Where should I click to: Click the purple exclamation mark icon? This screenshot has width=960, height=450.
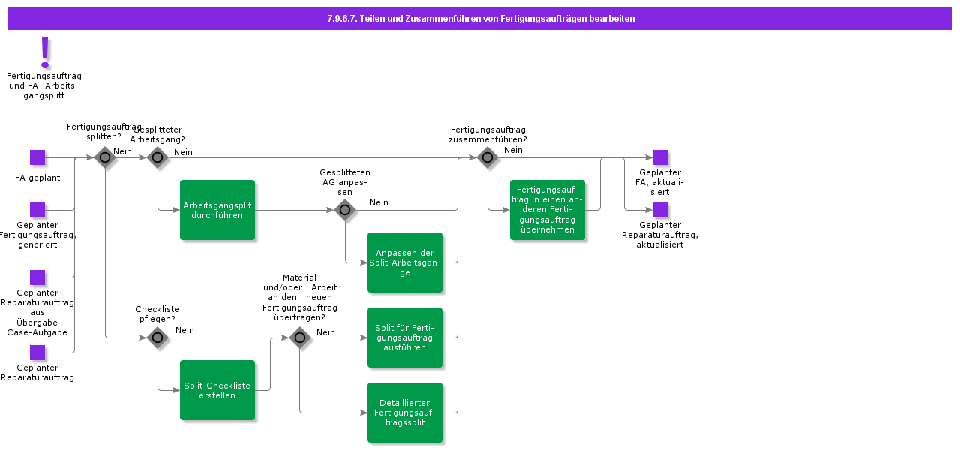click(45, 52)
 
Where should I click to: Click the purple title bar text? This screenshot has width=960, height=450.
click(481, 19)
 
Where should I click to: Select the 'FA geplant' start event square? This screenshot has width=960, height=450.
click(37, 157)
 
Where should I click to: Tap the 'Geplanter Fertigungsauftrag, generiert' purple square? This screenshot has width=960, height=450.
click(37, 210)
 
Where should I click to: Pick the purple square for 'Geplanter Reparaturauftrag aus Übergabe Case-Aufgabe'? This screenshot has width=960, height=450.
click(37, 277)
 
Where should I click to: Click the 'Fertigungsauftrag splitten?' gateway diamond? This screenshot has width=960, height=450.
click(105, 157)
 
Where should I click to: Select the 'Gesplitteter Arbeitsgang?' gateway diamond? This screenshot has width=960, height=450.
click(157, 157)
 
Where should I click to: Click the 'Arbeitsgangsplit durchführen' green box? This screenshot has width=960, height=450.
click(217, 210)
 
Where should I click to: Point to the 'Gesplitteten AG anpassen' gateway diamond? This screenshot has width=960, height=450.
click(345, 210)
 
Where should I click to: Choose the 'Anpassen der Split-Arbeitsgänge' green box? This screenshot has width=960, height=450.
click(405, 262)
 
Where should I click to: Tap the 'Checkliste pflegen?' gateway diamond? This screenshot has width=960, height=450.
click(157, 337)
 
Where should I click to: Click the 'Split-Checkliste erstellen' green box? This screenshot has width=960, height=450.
click(217, 390)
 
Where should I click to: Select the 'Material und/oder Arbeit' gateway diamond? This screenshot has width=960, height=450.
click(300, 337)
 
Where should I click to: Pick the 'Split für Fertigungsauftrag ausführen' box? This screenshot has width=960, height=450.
click(405, 337)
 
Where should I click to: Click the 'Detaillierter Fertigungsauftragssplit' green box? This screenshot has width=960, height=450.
click(405, 412)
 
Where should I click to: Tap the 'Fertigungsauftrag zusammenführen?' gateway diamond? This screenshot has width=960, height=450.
click(487, 157)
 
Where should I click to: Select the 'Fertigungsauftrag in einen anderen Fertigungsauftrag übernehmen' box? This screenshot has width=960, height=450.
click(547, 210)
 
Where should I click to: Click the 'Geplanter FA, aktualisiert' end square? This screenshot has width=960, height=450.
click(660, 157)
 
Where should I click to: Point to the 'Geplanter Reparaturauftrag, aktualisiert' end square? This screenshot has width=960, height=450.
click(660, 210)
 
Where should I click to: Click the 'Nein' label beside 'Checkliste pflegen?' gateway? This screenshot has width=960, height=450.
click(184, 330)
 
